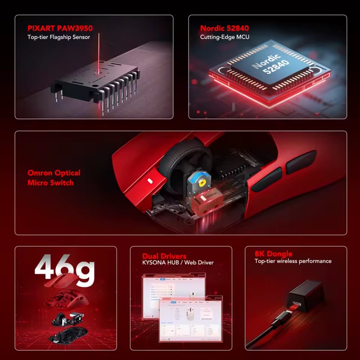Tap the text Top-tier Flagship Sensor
tap(59, 37)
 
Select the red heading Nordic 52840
tap(224, 28)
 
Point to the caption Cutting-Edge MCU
tap(225, 37)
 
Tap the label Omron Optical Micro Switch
tap(54, 178)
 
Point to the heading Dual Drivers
tap(164, 256)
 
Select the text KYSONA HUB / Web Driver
tap(178, 263)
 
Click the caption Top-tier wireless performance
tap(293, 261)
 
